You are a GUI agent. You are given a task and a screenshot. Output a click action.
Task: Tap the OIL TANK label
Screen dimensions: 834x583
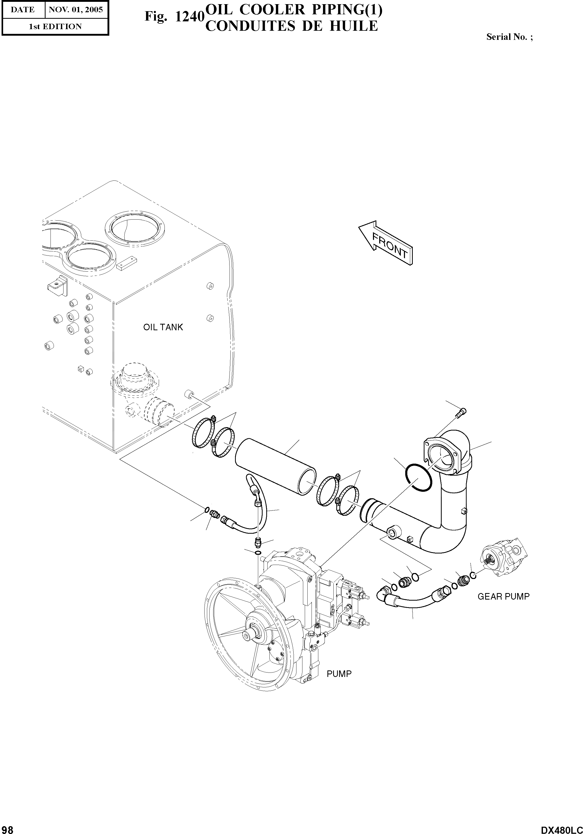[x=163, y=327]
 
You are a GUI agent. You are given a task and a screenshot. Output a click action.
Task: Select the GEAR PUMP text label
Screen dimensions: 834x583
[x=503, y=596]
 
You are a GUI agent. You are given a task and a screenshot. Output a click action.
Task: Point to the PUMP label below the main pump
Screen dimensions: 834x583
[x=339, y=674]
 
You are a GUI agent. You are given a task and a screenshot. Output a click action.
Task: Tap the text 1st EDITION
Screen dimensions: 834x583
[x=55, y=27]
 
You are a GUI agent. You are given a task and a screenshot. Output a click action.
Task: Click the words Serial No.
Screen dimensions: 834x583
[x=507, y=37]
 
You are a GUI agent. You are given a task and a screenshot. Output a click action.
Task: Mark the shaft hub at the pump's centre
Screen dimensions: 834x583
[x=250, y=635]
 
